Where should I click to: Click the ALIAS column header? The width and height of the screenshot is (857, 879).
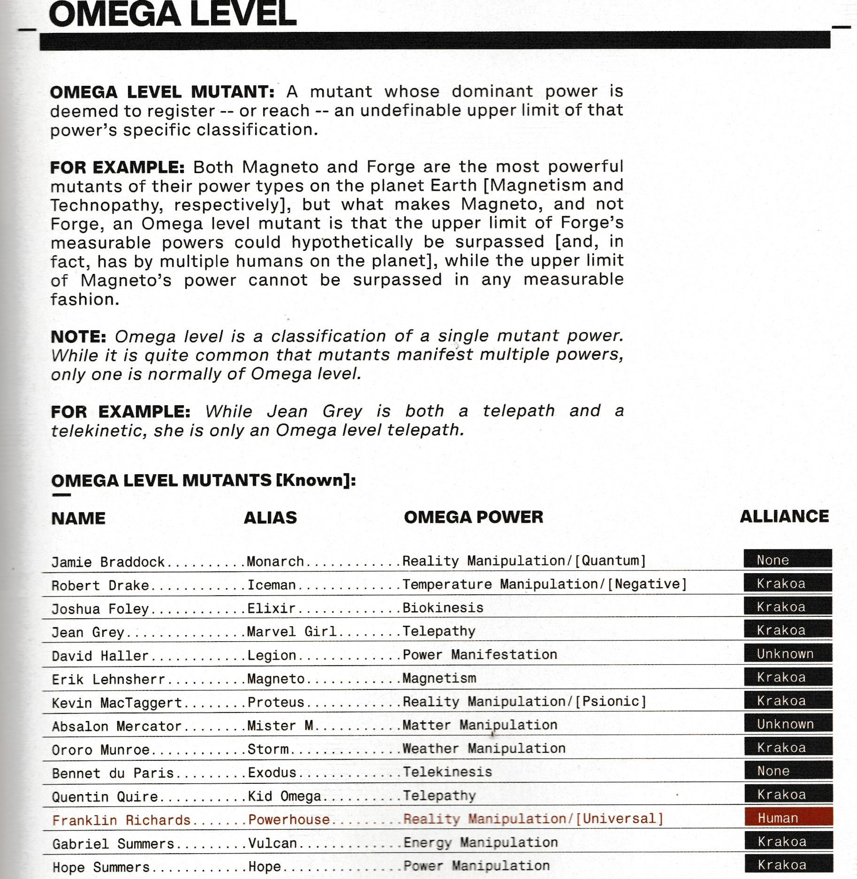coord(270,517)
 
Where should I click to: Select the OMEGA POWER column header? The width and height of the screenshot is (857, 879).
coord(473,517)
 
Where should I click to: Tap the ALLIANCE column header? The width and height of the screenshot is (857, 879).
coord(784,516)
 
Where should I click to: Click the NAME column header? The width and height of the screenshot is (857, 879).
coord(78,518)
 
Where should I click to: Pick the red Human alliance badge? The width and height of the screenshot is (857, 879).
coord(788,818)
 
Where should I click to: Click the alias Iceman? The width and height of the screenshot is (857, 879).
coord(272,585)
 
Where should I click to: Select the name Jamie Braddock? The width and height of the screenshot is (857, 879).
coord(108,562)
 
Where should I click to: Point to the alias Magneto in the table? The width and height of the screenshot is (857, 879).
coord(276,679)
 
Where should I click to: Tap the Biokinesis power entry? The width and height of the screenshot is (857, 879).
coord(443,608)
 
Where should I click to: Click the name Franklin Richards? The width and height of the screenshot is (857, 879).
coord(121,820)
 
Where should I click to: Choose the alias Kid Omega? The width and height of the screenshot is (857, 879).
coord(284,796)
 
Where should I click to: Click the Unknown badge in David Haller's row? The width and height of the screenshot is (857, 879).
coord(788,653)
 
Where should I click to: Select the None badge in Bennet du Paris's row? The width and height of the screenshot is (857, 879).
coord(788,771)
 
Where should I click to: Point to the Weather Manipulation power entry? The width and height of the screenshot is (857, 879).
coord(484,749)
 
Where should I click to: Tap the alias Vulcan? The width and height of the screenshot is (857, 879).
coord(273,843)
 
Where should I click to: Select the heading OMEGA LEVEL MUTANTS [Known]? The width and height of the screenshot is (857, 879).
coord(203,480)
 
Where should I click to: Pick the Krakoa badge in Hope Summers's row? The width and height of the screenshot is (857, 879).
coord(789,864)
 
